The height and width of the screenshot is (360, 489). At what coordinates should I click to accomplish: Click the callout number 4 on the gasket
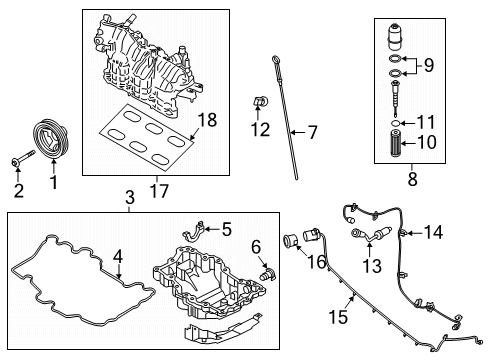pos(118,258)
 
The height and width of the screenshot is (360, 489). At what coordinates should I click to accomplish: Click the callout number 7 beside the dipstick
pos(311,132)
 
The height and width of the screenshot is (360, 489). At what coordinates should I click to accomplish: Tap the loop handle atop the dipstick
pos(273,63)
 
